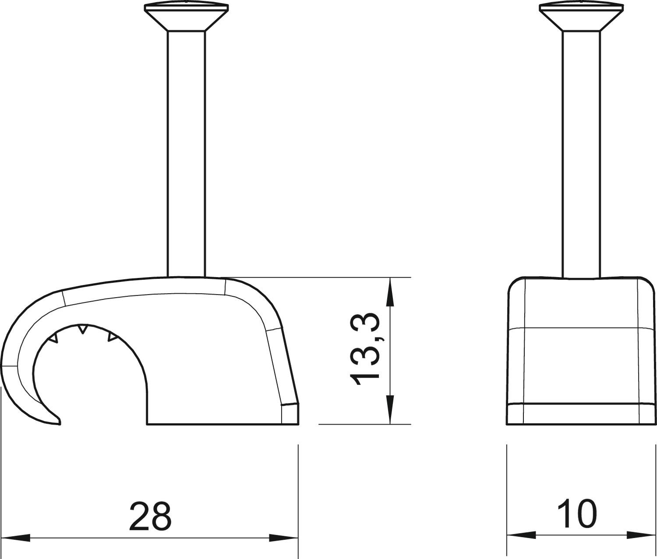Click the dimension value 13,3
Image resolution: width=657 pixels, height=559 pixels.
click(x=364, y=349)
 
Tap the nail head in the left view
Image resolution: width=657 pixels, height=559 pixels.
click(x=186, y=17)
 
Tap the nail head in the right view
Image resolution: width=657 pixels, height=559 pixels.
click(x=581, y=17)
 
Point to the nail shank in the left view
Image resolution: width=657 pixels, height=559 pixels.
click(x=187, y=154)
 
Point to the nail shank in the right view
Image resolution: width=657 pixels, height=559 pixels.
click(x=582, y=155)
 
